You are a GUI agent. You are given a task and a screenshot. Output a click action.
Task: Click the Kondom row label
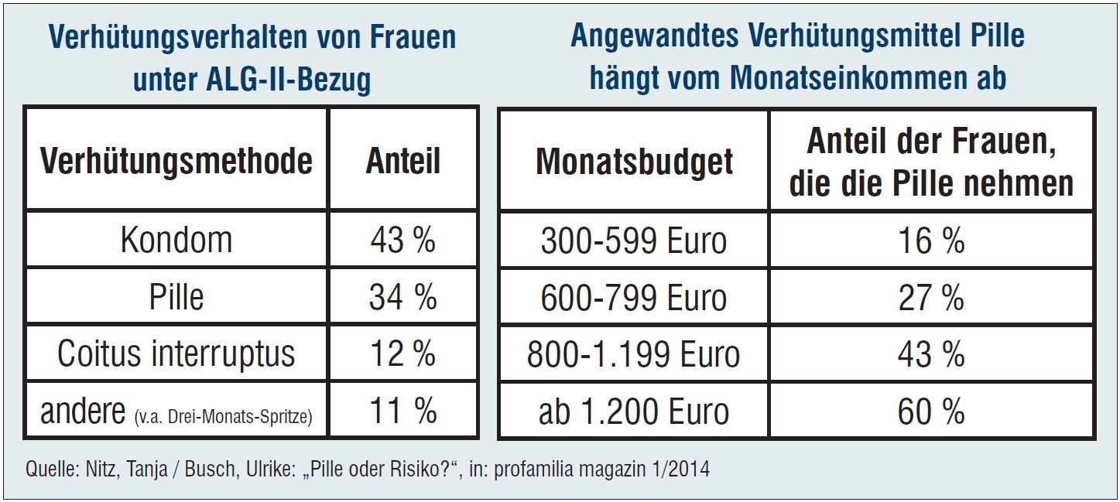pos(176,240)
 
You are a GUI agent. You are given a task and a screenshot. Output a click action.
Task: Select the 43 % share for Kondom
pos(402,240)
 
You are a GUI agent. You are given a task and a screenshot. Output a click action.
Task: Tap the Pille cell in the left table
pos(176,297)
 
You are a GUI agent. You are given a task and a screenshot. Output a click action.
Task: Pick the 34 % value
pos(402,297)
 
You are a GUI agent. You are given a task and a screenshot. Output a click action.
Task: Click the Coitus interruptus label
pos(176,353)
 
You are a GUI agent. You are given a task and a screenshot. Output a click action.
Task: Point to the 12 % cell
pos(402,353)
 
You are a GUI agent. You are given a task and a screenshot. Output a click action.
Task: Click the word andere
pos(82,412)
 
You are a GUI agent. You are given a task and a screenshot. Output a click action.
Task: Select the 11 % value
pos(402,411)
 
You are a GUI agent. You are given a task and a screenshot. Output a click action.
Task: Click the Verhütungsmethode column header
pos(176,161)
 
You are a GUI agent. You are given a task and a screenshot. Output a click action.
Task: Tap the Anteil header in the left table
pos(402,161)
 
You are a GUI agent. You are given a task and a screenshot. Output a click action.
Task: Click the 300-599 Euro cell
pos(634,241)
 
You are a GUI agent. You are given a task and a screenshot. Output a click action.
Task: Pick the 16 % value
pos(931,241)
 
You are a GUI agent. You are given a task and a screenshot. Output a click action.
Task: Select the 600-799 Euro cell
pos(634,298)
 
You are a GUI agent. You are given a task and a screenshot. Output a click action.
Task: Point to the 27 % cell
pos(931,298)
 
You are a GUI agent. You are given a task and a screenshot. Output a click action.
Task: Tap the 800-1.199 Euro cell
pos(634,354)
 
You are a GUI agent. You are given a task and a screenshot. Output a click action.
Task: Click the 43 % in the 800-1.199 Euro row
pos(931,354)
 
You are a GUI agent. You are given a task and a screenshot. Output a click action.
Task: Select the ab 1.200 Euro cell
pos(634,412)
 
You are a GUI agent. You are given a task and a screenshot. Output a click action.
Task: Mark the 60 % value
pos(931,412)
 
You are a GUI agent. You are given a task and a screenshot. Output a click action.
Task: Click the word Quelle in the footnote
pos(50,470)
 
